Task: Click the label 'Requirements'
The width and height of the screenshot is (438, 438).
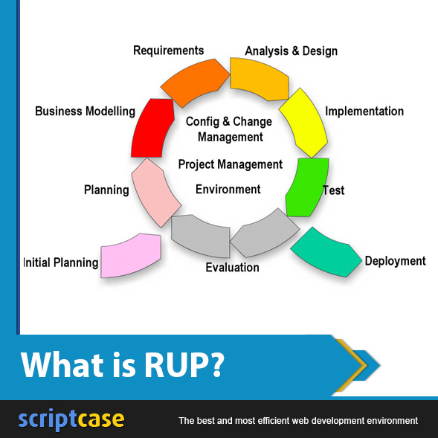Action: click(168, 51)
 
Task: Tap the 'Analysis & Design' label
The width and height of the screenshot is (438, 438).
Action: click(291, 51)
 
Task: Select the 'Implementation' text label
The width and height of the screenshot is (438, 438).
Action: click(364, 112)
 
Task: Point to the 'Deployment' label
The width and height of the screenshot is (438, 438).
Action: click(395, 261)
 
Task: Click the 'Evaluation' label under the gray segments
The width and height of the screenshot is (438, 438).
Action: click(232, 268)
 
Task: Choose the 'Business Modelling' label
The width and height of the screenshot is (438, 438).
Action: click(85, 112)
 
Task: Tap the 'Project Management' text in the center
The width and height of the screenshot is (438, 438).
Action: click(231, 164)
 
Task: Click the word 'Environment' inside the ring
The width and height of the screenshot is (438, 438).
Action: click(228, 190)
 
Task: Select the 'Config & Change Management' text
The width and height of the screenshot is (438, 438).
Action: click(230, 129)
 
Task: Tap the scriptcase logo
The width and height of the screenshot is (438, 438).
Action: click(71, 419)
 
